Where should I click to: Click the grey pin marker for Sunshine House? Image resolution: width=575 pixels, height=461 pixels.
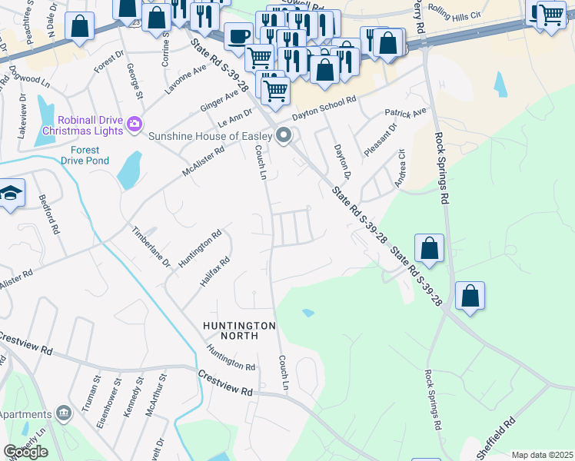(x=284, y=136)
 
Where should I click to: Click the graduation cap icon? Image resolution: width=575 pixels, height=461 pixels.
(x=11, y=194)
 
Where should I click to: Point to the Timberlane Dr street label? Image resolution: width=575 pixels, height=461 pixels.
(x=150, y=247)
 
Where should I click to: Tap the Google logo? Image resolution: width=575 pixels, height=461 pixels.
(x=25, y=452)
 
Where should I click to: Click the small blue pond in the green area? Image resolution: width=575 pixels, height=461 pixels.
(x=308, y=313)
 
